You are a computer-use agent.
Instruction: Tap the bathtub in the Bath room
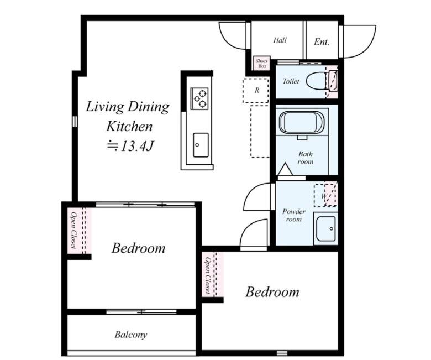click(x=302, y=122)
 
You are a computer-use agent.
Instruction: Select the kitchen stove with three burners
click(x=199, y=98)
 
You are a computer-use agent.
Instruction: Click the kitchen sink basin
click(x=201, y=145)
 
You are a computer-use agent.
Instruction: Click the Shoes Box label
click(x=262, y=64)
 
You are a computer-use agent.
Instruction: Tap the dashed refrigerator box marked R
click(x=256, y=91)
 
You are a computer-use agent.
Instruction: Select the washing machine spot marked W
click(x=325, y=195)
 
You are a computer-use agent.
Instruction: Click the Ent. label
click(x=322, y=42)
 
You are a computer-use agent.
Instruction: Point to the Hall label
click(x=280, y=40)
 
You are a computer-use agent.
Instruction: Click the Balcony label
click(x=131, y=335)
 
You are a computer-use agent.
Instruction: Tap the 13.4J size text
click(x=129, y=146)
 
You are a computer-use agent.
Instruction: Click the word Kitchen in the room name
click(x=129, y=126)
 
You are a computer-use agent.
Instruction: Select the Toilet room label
click(x=291, y=81)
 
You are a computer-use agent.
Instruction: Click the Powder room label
click(x=293, y=215)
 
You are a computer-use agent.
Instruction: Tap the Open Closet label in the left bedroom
click(x=73, y=230)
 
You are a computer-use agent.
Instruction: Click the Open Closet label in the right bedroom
click(x=208, y=275)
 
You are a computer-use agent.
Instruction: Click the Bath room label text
click(x=305, y=158)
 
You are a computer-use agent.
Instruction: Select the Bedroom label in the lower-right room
click(x=272, y=292)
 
